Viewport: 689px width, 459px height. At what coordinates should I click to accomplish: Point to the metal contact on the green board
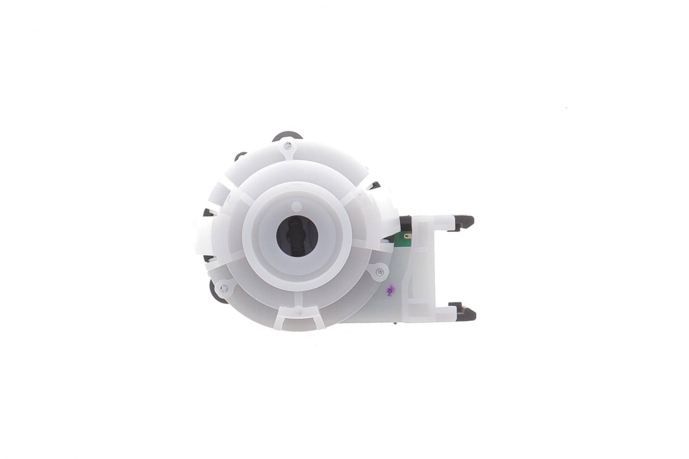pyautogui.click(x=407, y=236)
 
